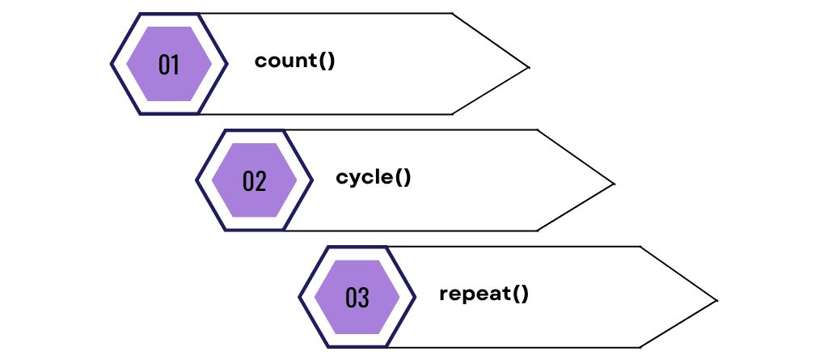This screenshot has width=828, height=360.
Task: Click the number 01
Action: click(169, 64)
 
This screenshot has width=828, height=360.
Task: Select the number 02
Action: click(254, 180)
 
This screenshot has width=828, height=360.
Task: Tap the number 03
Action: click(357, 297)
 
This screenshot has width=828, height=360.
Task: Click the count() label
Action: click(294, 61)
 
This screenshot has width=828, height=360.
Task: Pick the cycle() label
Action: click(374, 177)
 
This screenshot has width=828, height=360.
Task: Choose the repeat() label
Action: click(484, 293)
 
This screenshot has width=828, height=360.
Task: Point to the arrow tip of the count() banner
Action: click(528, 67)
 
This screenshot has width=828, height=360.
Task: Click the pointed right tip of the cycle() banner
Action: click(614, 184)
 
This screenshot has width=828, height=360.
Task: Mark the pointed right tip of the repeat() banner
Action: click(716, 301)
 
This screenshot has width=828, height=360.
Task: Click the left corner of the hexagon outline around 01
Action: click(112, 64)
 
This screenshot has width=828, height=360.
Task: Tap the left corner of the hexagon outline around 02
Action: click(197, 180)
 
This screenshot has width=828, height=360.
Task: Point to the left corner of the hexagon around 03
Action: click(300, 297)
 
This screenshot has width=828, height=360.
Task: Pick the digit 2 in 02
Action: click(260, 180)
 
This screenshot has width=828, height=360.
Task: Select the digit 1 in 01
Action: click(175, 64)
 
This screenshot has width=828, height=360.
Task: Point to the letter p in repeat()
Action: click(467, 294)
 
